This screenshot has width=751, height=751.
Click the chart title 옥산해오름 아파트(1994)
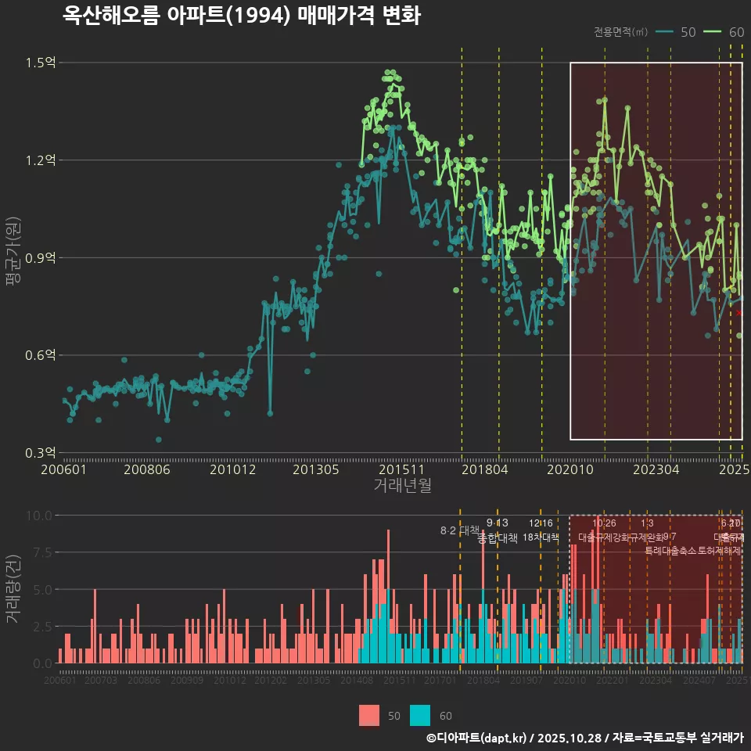tap(241, 16)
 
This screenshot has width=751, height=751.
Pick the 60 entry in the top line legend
tap(725, 32)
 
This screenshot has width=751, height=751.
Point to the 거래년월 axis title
tap(402, 486)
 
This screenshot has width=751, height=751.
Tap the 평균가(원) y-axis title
tap(13, 254)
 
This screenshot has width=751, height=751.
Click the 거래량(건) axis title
tap(13, 589)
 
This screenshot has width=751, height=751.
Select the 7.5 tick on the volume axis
tap(42, 552)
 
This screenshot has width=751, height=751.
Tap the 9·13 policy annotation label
tap(498, 523)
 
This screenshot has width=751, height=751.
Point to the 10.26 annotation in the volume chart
tap(604, 523)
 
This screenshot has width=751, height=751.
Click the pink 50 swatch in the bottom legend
tap(369, 715)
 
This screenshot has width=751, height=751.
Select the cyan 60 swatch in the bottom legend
tap(421, 715)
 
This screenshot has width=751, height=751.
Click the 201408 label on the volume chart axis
tap(358, 681)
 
